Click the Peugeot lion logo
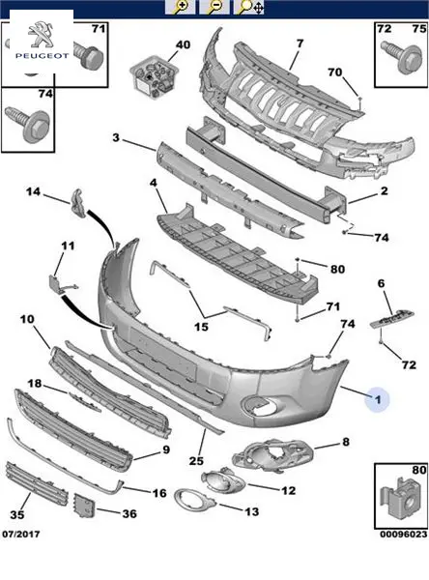point(41,35)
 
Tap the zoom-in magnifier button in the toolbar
point(180,7)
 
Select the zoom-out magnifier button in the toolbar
point(214,7)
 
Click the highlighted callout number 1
point(377,399)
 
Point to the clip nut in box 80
point(401,499)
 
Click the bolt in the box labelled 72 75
point(402,57)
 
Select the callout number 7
point(300,43)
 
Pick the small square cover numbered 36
point(85,506)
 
